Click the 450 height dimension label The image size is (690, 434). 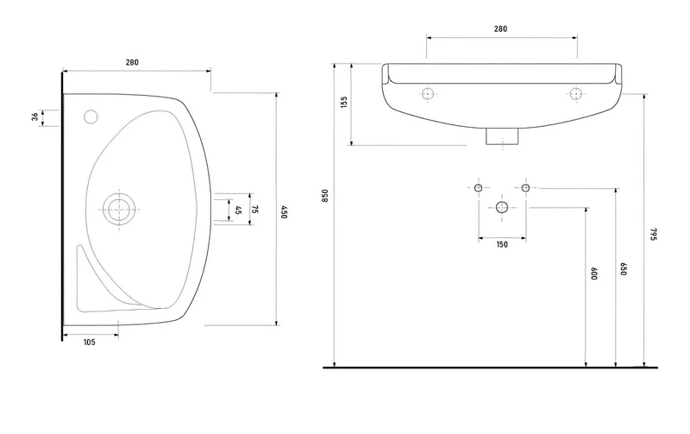pyautogui.click(x=284, y=211)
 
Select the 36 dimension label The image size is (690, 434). pyautogui.click(x=34, y=117)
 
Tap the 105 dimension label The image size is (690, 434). pyautogui.click(x=90, y=342)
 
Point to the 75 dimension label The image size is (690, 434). pyautogui.click(x=254, y=209)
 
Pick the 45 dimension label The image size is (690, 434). pyautogui.click(x=239, y=211)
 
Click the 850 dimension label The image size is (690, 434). pyautogui.click(x=325, y=196)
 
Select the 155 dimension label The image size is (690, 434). pyautogui.click(x=344, y=102)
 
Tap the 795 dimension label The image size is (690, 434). pyautogui.click(x=653, y=234)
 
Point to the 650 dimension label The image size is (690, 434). pyautogui.click(x=623, y=269)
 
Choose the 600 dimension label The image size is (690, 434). pyautogui.click(x=593, y=274)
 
